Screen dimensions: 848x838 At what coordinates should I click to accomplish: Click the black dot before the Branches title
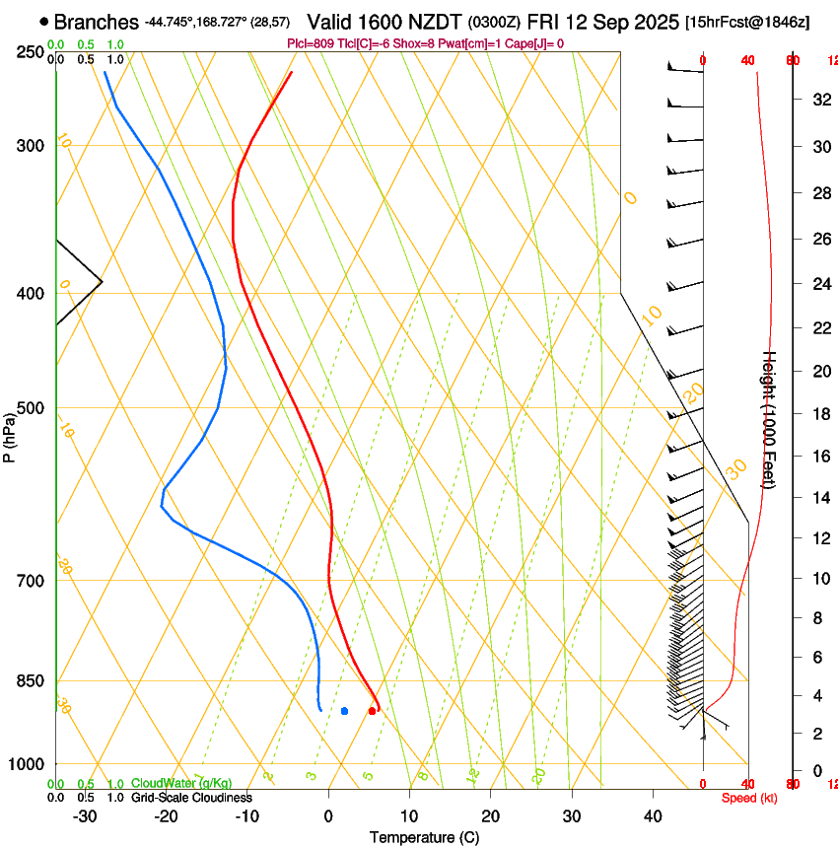click(x=44, y=22)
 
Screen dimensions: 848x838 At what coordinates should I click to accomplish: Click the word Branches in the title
click(x=96, y=22)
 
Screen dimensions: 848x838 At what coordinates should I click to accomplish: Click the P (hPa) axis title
click(x=9, y=434)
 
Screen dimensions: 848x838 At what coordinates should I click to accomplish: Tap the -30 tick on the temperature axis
click(x=85, y=816)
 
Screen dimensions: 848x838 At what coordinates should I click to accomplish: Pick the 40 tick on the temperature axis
click(x=653, y=816)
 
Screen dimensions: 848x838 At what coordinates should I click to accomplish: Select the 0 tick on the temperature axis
click(x=328, y=816)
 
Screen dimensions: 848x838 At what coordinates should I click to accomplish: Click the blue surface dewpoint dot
click(x=344, y=710)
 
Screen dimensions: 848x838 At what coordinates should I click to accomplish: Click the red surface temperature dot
click(x=372, y=710)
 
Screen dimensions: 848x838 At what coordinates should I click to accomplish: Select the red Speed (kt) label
click(x=749, y=798)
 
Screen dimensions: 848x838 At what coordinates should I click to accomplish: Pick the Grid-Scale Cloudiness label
click(x=191, y=797)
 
